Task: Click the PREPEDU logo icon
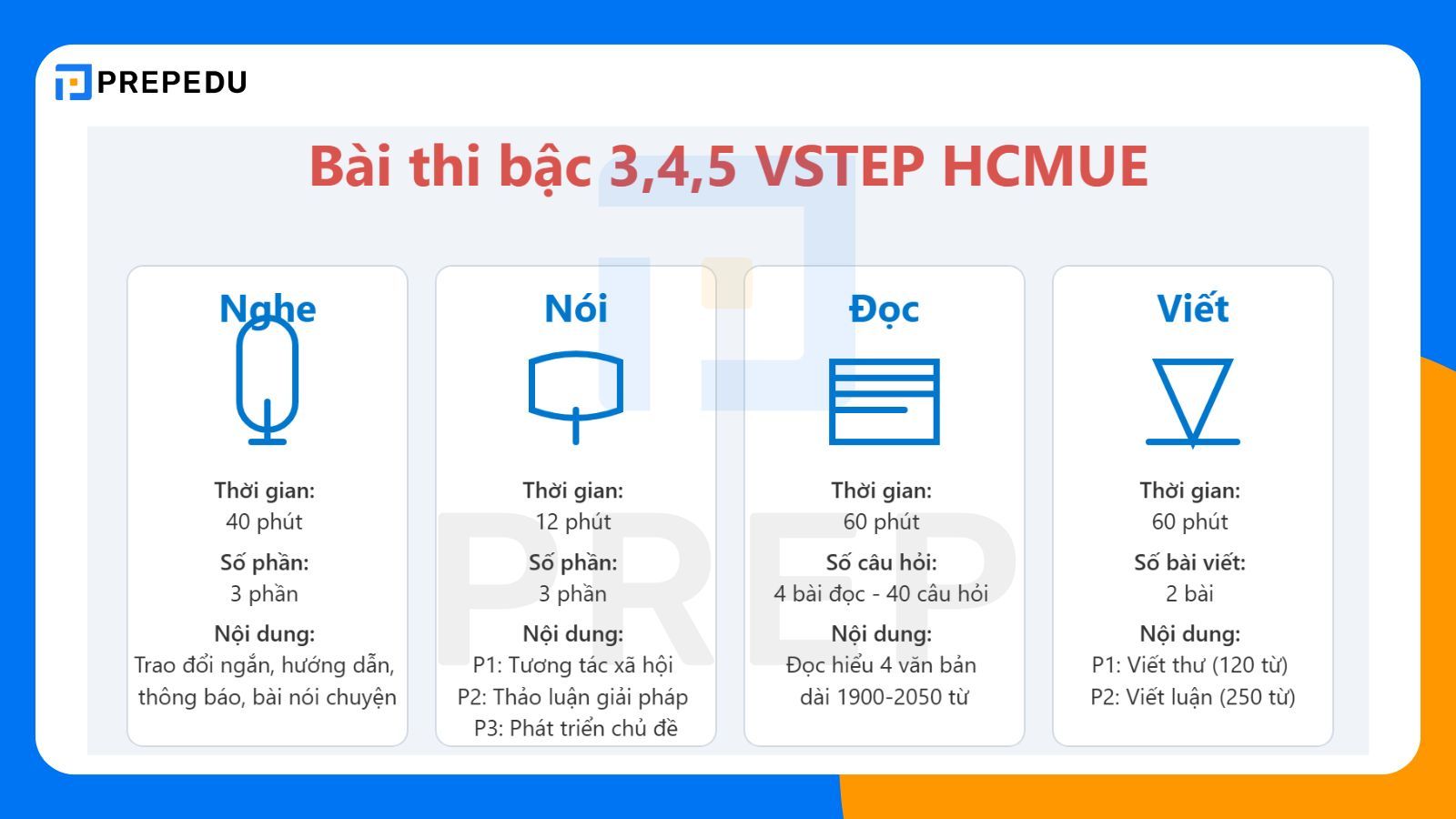[x=73, y=82]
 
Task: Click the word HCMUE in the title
[x=1045, y=167]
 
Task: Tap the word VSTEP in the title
[x=839, y=167]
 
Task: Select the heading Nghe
[x=268, y=309]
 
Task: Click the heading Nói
[x=575, y=309]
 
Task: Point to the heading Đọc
[x=884, y=309]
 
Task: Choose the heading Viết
[x=1192, y=309]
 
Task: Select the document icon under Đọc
[x=884, y=401]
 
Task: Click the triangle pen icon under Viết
[x=1192, y=401]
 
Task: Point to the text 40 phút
[x=264, y=522]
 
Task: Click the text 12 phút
[x=573, y=522]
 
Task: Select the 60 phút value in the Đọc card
[x=881, y=522]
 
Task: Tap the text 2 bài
[x=1189, y=594]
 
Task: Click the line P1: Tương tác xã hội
[x=573, y=665]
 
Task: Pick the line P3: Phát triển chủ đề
[x=576, y=728]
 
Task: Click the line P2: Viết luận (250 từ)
[x=1192, y=697]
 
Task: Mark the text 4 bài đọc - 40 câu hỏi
[x=881, y=594]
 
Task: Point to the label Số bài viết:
[x=1189, y=562]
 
